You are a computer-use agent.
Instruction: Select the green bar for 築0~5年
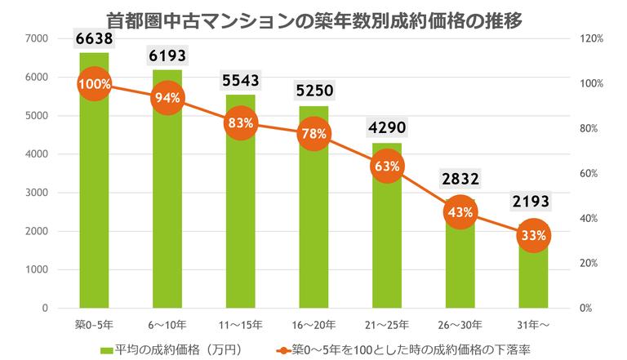[x=94, y=204]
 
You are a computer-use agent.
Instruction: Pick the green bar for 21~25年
[x=387, y=245]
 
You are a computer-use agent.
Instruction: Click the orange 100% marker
[x=94, y=84]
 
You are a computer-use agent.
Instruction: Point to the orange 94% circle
[x=167, y=98]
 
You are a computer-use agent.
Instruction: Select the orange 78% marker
[x=313, y=133]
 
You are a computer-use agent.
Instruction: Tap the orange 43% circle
[x=460, y=212]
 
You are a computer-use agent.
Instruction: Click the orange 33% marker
[x=533, y=235]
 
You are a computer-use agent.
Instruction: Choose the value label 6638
[x=94, y=38]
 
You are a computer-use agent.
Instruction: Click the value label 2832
[x=460, y=178]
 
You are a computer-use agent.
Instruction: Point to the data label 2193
[x=533, y=202]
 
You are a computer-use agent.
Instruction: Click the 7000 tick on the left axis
[x=37, y=38]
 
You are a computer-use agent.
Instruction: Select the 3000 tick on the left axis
[x=37, y=193]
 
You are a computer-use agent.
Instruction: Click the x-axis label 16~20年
[x=313, y=324]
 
